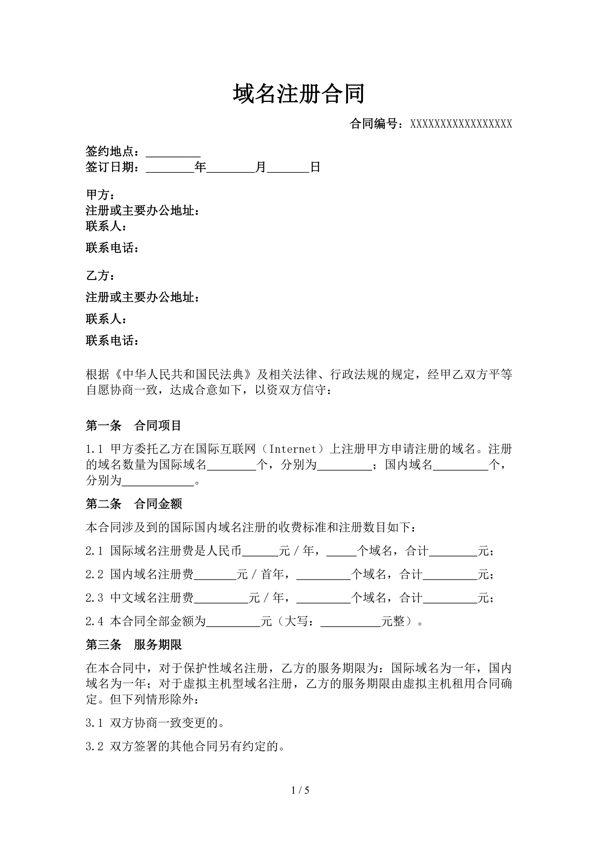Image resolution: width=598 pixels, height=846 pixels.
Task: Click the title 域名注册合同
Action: tap(298, 94)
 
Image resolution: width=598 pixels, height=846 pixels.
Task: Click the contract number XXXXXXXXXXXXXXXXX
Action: tap(461, 124)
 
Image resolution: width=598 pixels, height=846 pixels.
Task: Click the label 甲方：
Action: tap(100, 194)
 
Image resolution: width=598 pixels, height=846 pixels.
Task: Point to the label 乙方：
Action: tap(100, 276)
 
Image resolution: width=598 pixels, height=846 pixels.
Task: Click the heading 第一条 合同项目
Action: tap(133, 426)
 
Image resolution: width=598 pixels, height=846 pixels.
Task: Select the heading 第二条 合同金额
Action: tap(133, 504)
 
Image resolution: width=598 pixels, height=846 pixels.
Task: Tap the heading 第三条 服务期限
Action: tap(133, 644)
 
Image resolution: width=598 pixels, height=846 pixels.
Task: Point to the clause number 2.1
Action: tap(94, 551)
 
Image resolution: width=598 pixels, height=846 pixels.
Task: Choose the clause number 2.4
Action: tap(94, 621)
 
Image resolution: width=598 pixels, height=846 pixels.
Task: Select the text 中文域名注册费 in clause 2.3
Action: tap(152, 598)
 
